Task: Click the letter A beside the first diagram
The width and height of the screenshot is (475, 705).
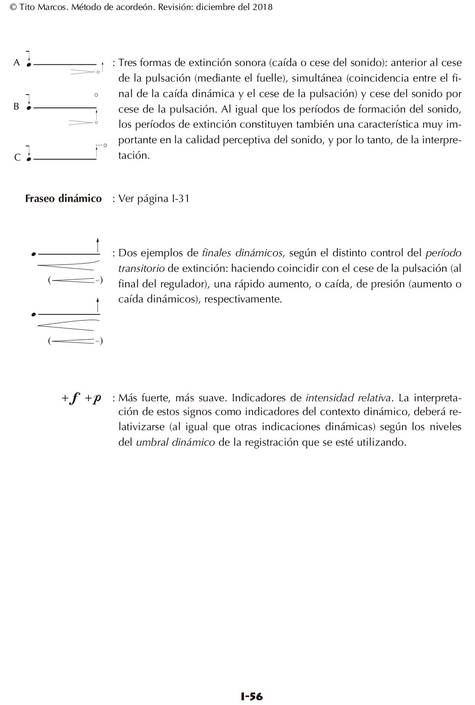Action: [x=17, y=63]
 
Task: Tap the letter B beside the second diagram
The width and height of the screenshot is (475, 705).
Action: [x=16, y=106]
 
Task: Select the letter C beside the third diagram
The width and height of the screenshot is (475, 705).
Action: [x=17, y=157]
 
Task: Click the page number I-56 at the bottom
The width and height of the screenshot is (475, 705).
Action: [x=251, y=696]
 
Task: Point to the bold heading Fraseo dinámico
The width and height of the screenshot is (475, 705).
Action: [x=63, y=198]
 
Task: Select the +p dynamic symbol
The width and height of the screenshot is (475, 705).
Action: [x=93, y=398]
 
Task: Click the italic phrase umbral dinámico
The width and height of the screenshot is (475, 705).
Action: [x=175, y=443]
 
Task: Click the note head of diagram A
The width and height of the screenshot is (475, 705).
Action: [x=29, y=65]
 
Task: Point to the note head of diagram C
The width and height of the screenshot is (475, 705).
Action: [x=29, y=159]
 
